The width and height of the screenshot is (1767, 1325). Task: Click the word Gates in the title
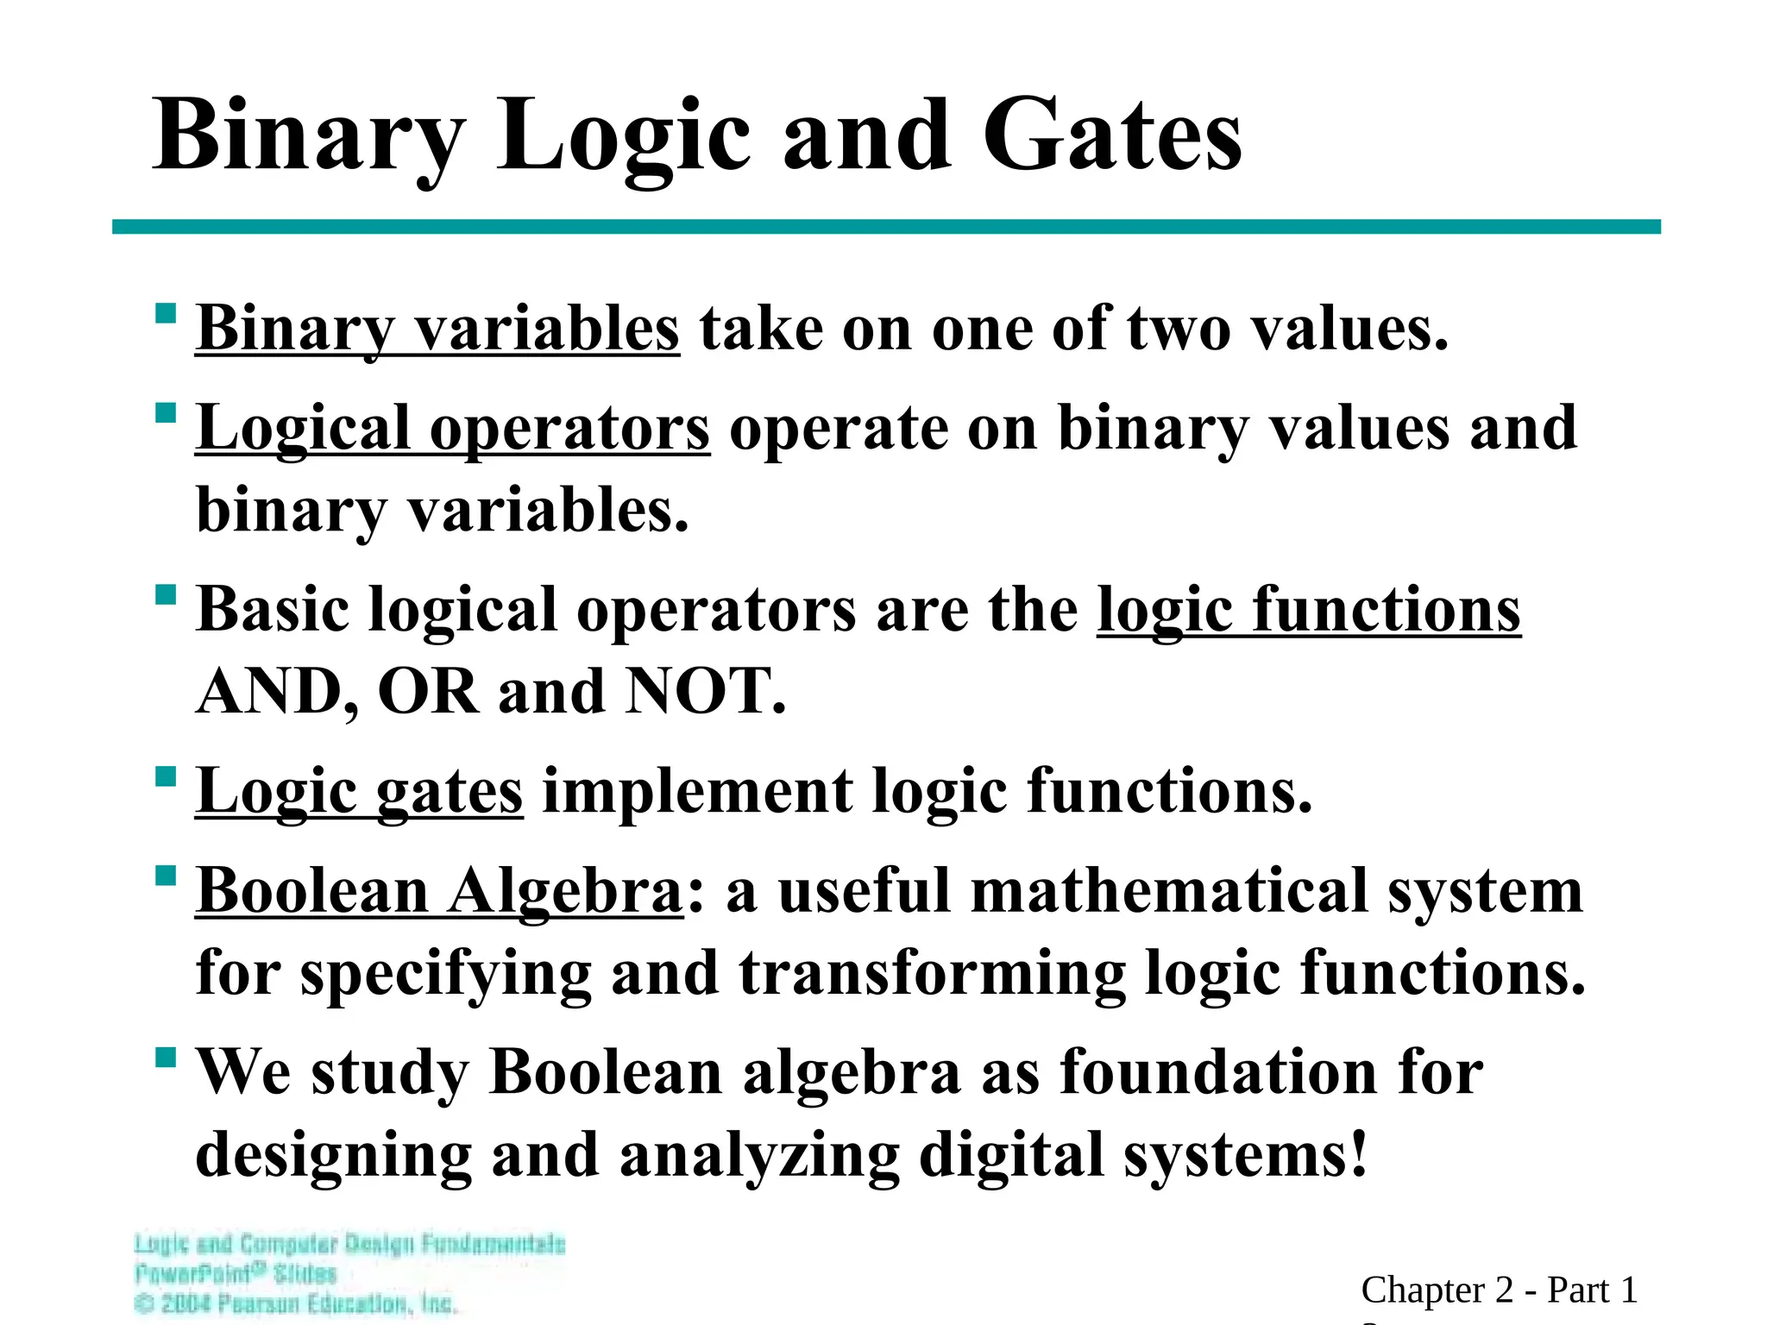[1112, 136]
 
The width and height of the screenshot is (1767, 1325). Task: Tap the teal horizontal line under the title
[886, 227]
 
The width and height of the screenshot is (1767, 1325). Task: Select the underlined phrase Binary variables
[437, 330]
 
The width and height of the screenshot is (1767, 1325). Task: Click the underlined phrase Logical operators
[453, 429]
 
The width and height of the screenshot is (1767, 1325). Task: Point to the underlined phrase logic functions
[1308, 611]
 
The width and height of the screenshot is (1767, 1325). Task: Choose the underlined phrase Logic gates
[359, 792]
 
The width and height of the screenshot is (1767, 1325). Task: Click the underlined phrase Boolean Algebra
[439, 891]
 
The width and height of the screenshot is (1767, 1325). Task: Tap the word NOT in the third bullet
[704, 692]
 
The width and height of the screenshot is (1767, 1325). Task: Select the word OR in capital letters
[428, 692]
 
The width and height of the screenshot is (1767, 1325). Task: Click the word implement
[696, 792]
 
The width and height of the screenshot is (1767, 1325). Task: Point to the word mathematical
[1169, 891]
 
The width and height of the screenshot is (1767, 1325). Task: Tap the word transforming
[932, 973]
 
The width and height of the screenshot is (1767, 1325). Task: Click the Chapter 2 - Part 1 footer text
[1499, 1290]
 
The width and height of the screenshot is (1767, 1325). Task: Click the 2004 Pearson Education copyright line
[296, 1303]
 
